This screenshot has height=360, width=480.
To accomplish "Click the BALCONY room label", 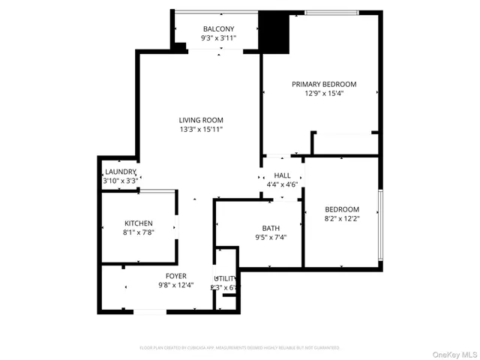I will pos(218,28).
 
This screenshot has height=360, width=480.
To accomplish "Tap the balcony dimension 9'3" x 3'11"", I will pos(218,37).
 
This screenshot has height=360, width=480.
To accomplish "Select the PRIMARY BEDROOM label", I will pos(324,84).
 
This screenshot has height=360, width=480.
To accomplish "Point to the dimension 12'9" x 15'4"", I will pos(324,94).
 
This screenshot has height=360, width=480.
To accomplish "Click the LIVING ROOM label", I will pos(200,120).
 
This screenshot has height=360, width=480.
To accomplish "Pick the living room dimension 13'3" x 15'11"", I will pos(200,130).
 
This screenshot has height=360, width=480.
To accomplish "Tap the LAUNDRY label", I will pos(120,172).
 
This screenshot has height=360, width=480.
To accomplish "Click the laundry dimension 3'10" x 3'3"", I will pos(120,181).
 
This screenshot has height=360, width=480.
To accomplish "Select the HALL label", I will pos(282,175).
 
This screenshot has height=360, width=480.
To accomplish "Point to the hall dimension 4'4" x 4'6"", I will pos(282,184).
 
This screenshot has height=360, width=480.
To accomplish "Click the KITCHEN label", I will pos(139,223).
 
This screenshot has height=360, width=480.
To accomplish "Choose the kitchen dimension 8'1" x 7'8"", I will pos(139,232).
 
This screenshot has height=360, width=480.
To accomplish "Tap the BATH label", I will pos(270,228).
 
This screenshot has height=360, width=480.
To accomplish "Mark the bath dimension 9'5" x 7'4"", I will pos(270,238).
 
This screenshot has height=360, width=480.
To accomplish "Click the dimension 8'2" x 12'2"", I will pos(341,219).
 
